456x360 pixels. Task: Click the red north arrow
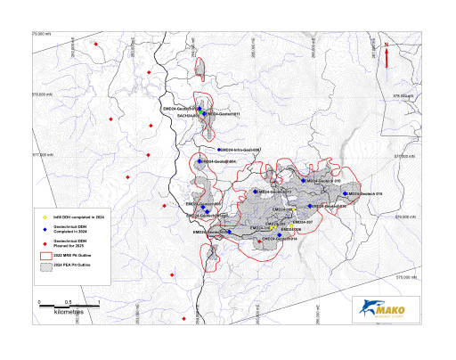[x=387, y=54]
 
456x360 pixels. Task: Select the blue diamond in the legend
[x=45, y=229]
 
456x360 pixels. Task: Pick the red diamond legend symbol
[x=45, y=243]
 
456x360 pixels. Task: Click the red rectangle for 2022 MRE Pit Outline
[x=45, y=255]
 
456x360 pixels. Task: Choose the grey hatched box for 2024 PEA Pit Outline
[x=45, y=266]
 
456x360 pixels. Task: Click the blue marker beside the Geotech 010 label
[x=303, y=181]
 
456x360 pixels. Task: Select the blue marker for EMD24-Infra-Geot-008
[x=219, y=150]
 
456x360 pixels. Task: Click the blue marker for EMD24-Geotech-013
[x=256, y=191]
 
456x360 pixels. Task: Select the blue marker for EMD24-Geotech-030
[x=310, y=206]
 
